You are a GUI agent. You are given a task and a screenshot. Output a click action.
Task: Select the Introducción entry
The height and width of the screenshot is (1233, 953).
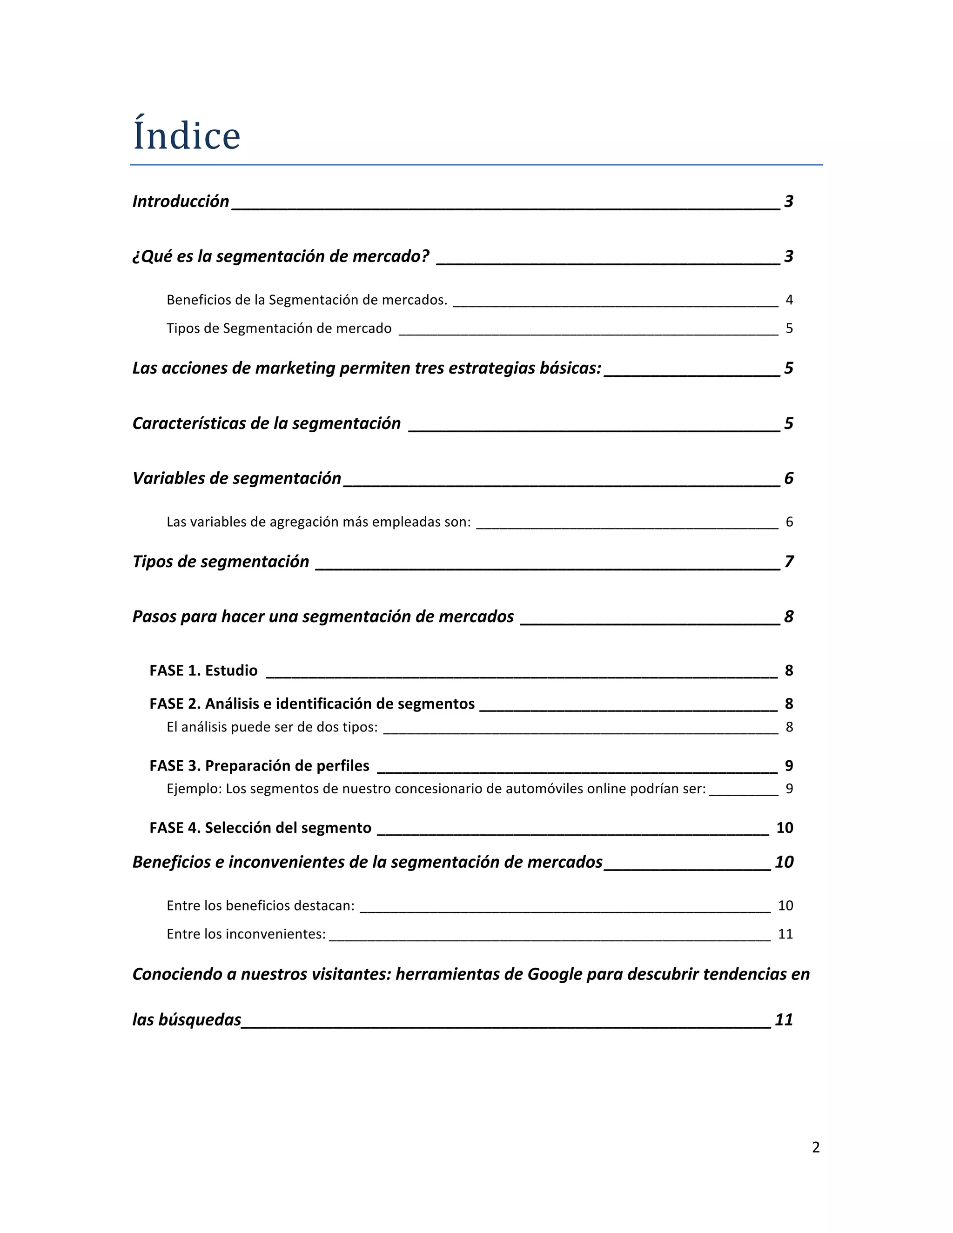(x=181, y=201)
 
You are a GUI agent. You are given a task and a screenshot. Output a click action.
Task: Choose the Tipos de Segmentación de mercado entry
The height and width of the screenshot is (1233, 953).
(x=279, y=328)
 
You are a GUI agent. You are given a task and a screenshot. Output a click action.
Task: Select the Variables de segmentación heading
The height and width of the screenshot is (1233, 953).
(x=236, y=479)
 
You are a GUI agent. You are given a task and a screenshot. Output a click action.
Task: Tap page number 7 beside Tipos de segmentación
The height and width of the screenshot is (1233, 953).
(x=789, y=562)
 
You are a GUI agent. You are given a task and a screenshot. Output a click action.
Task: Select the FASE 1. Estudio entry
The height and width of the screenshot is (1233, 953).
(x=203, y=670)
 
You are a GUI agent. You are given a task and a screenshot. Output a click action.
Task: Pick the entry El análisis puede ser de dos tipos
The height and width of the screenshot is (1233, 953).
(x=272, y=727)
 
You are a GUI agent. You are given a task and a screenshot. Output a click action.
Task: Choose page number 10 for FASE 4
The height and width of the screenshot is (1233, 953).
(x=785, y=828)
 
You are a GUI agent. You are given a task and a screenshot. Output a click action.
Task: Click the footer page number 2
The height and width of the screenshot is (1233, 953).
(x=816, y=1147)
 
